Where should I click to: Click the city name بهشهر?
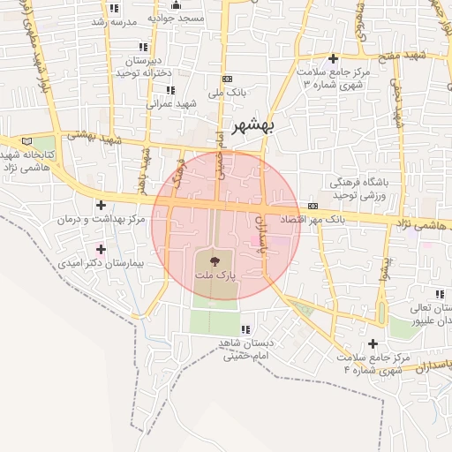[x=250, y=126]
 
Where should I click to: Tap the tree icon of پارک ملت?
[x=213, y=260]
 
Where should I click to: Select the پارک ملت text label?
[x=213, y=276]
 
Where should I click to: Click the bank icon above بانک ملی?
[x=228, y=79]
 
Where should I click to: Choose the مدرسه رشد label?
[x=112, y=20]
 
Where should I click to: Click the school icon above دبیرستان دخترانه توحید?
[x=143, y=47]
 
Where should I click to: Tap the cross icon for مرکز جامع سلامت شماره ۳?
[x=333, y=58]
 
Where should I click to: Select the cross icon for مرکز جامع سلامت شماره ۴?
[x=373, y=343]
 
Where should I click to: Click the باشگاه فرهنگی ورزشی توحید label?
[x=360, y=186]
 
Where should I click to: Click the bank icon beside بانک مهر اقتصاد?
[x=313, y=205]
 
